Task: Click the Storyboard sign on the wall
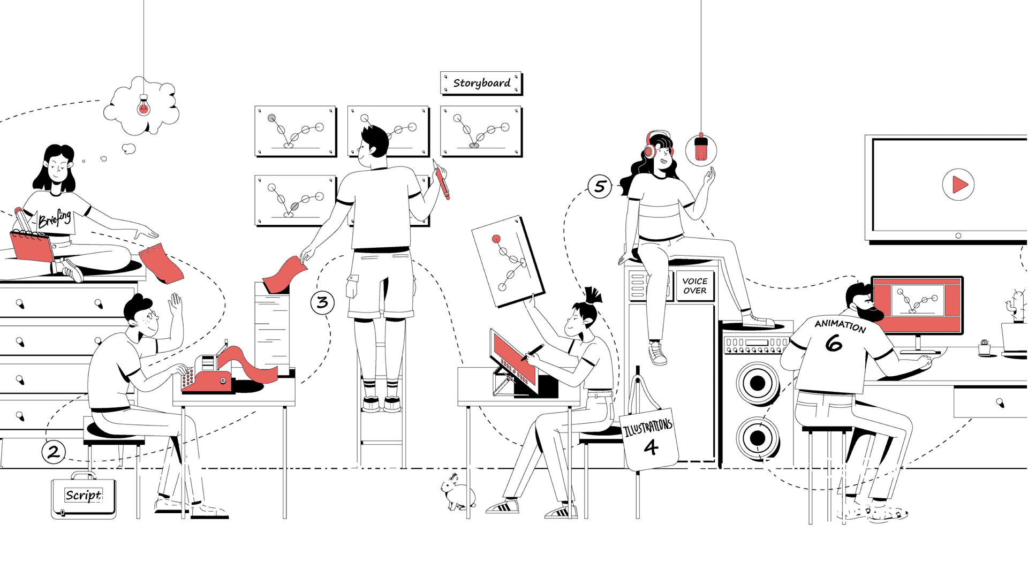click(481, 83)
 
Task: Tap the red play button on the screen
click(958, 185)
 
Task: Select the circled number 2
click(54, 452)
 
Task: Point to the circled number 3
click(322, 302)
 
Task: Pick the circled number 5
click(600, 186)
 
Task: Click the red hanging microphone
click(701, 147)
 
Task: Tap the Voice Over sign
click(695, 286)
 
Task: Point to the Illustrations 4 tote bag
click(649, 439)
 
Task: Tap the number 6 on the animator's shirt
click(834, 343)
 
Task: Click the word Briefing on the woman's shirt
click(55, 218)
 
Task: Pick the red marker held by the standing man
click(441, 180)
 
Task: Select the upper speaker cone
click(758, 383)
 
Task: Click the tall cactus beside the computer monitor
click(1015, 305)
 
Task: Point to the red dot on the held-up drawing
click(496, 239)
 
